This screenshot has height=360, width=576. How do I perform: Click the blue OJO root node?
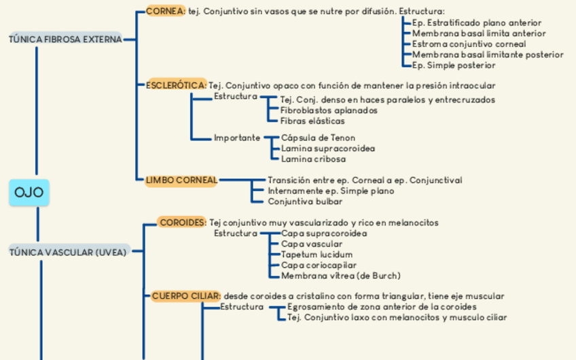pyautogui.click(x=29, y=192)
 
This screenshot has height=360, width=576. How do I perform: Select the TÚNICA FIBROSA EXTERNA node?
pyautogui.click(x=65, y=39)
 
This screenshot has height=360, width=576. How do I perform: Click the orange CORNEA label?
pyautogui.click(x=165, y=12)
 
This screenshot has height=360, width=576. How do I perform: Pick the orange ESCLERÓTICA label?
pyautogui.click(x=176, y=86)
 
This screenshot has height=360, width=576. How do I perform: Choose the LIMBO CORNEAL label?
pyautogui.click(x=181, y=180)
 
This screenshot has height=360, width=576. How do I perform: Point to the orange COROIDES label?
pyautogui.click(x=182, y=222)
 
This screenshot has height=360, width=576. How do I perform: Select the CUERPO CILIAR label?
pyautogui.click(x=185, y=296)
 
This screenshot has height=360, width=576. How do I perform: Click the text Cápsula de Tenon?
pyautogui.click(x=318, y=138)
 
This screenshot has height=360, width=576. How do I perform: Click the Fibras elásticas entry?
pyautogui.click(x=312, y=121)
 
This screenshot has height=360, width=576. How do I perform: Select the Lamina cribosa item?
pyautogui.click(x=313, y=159)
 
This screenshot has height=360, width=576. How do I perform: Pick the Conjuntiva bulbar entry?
pyautogui.click(x=305, y=201)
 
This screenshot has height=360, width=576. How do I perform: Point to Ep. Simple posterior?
pyautogui.click(x=454, y=65)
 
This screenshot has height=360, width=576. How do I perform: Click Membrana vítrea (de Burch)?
pyautogui.click(x=340, y=276)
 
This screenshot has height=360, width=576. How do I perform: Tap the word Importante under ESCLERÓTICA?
pyautogui.click(x=237, y=138)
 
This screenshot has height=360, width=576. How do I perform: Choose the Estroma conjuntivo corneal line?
pyautogui.click(x=469, y=44)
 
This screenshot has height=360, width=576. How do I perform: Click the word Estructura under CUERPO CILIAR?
pyautogui.click(x=242, y=306)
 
